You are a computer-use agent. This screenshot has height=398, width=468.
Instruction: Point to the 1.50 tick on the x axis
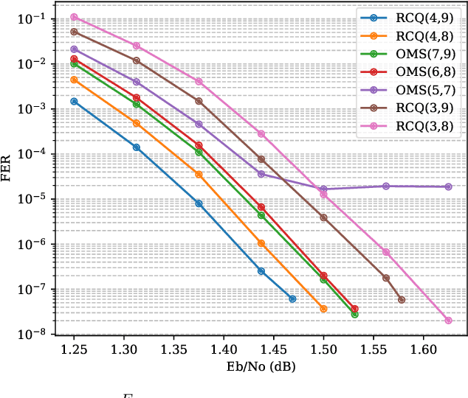pyautogui.click(x=323, y=348)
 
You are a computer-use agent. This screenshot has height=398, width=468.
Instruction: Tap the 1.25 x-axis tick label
pyautogui.click(x=74, y=348)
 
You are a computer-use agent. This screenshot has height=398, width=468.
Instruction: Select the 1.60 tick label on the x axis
pyautogui.click(x=423, y=348)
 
